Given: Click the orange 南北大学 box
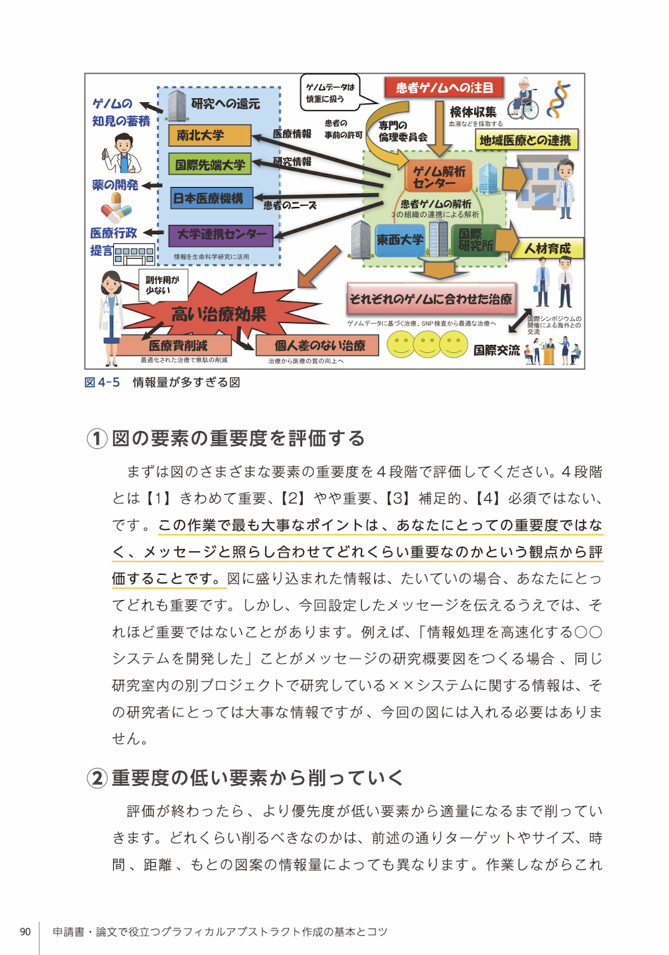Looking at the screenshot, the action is point(209,135).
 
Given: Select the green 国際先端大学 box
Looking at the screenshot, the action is point(209,164).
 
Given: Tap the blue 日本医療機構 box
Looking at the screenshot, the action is point(212,198).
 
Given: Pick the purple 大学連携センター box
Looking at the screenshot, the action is point(221,236).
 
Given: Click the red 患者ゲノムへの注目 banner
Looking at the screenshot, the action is point(444,88).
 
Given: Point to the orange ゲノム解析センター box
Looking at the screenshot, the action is point(439,176).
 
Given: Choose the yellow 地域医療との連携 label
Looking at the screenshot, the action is point(527,140).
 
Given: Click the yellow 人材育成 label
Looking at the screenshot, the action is point(547,249).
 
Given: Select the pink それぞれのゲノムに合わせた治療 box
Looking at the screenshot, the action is point(431,299).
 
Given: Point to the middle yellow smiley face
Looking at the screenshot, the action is point(427,344).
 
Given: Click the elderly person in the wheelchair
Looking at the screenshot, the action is point(523,99).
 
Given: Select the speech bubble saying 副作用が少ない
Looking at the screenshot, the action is point(162,286).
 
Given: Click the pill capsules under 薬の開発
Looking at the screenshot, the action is point(116,208).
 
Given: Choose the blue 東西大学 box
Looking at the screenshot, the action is point(400,240).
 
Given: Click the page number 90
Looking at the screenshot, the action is point(25,932).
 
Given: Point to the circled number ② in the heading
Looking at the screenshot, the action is point(97,778).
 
